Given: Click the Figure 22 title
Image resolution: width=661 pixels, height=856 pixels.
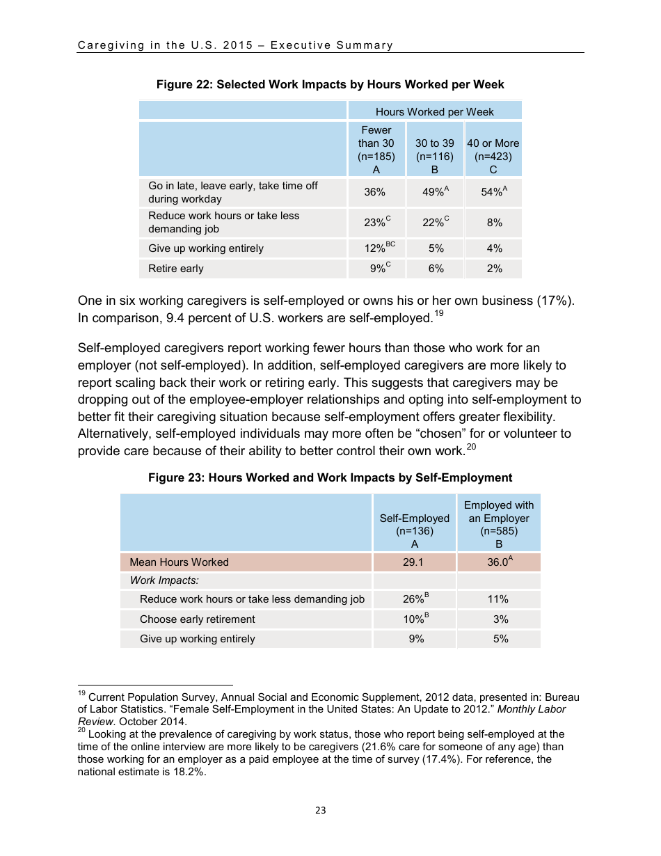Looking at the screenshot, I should [330, 84].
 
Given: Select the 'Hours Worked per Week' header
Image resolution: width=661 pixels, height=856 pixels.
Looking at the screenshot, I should [434, 111].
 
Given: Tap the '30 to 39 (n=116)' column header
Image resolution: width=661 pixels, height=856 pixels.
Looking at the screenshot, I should [434, 150].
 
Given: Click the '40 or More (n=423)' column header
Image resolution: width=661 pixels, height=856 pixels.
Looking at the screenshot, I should [493, 150].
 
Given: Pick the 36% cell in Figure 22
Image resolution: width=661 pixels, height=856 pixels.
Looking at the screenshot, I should [375, 193].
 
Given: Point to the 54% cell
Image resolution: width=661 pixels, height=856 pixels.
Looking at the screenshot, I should [492, 193].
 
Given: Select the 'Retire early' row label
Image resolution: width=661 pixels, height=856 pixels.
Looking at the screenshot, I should [176, 269].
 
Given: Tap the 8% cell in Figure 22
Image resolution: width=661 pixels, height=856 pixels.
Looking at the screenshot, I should [493, 223].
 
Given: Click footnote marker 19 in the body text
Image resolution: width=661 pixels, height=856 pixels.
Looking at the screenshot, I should [438, 314].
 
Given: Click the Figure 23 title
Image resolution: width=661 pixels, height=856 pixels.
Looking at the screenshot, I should [330, 478].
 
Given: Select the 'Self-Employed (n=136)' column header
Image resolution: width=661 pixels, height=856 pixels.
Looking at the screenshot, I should [414, 524].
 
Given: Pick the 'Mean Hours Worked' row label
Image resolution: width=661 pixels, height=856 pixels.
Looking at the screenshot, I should [179, 562].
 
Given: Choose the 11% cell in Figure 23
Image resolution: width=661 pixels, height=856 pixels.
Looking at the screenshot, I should [498, 599].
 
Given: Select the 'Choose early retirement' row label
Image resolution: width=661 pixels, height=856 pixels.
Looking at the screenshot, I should [198, 619].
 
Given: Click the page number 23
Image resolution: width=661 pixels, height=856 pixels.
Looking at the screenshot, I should [320, 810].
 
